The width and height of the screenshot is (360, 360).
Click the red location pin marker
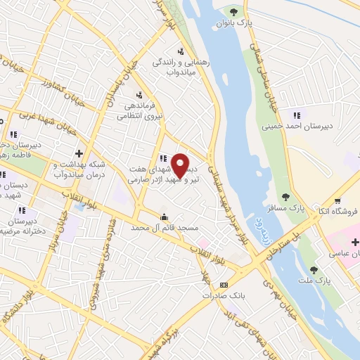180,165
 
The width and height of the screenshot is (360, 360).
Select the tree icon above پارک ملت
313,269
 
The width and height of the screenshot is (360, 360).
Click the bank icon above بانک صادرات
224,285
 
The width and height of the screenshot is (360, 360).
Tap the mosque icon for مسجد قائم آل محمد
165,217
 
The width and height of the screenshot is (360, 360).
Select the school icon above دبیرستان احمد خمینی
296,115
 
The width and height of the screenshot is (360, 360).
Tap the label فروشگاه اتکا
339,210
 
